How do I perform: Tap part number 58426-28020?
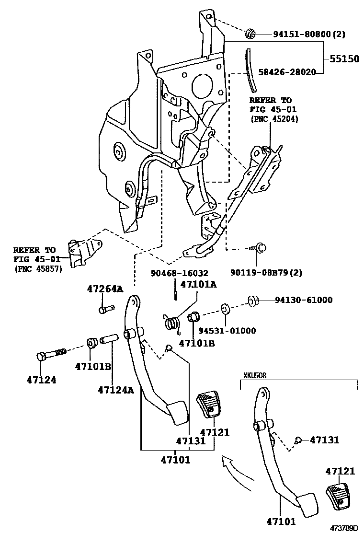coord(287,72)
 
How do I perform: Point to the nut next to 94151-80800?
coord(250,34)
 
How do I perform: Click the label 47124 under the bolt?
coord(41,380)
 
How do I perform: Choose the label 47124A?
coord(115,390)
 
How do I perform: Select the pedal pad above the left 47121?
coord(208,405)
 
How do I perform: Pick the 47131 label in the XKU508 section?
coord(324,440)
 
